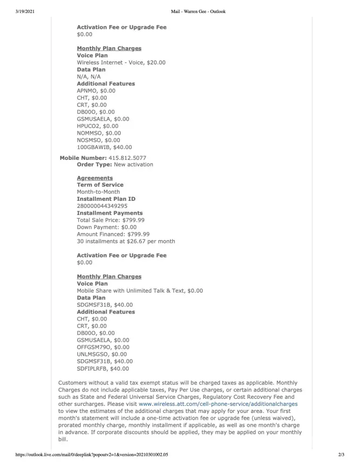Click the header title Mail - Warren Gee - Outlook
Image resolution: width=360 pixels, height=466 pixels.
click(198, 12)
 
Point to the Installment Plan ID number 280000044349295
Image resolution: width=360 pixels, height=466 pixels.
click(102, 206)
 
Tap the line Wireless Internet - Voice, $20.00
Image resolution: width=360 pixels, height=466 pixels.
click(121, 62)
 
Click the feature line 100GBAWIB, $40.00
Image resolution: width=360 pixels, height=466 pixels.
click(104, 147)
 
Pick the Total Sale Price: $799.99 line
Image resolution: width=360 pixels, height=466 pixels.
click(110, 220)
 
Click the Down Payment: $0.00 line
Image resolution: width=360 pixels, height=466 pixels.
click(107, 227)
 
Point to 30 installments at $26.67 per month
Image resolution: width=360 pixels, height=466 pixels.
click(126, 241)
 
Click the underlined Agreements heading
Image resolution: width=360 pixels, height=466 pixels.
click(95, 178)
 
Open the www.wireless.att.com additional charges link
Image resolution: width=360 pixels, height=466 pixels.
click(218, 404)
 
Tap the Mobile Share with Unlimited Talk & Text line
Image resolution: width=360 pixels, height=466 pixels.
click(140, 291)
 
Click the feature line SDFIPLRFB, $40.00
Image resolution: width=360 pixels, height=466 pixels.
click(103, 369)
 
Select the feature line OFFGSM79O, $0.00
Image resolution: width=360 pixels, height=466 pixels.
click(103, 347)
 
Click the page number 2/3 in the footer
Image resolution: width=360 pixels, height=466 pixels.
click(341, 454)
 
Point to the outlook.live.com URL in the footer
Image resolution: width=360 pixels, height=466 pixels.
click(92, 454)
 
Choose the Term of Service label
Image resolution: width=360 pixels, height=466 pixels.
click(100, 185)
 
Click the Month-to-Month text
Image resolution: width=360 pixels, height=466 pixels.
click(98, 192)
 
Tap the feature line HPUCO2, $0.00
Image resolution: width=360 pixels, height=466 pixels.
click(97, 126)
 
